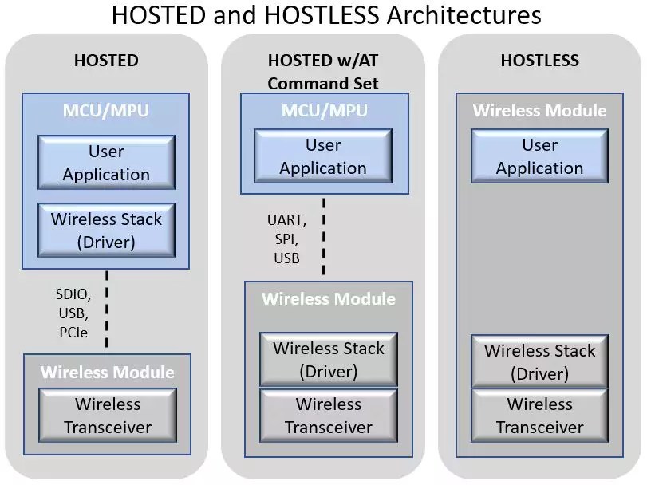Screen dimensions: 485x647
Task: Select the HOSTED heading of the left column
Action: (106, 61)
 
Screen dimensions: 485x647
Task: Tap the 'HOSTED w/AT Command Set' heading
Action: (323, 72)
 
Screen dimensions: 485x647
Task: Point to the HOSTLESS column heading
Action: (539, 61)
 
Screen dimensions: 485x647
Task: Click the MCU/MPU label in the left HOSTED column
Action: (106, 110)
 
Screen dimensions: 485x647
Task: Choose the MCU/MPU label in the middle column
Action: (323, 110)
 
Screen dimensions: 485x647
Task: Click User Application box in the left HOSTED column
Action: (106, 163)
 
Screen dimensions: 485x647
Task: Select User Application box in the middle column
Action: (323, 157)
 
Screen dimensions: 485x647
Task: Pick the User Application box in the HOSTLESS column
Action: (539, 157)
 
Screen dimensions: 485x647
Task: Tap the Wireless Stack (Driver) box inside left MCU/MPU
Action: (106, 231)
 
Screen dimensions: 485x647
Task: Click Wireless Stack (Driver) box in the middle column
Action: (329, 360)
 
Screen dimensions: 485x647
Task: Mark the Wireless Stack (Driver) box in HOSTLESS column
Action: (539, 361)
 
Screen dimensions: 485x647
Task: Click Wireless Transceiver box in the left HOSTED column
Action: (108, 416)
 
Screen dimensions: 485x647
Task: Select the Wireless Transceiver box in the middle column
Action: (329, 416)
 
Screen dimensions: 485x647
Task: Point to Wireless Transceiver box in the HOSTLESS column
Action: (539, 416)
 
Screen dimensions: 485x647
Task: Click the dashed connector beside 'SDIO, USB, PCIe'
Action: (106, 309)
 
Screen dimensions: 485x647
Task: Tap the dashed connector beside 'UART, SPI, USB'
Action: (323, 235)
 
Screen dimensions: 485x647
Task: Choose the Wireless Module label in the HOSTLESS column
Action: (539, 111)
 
